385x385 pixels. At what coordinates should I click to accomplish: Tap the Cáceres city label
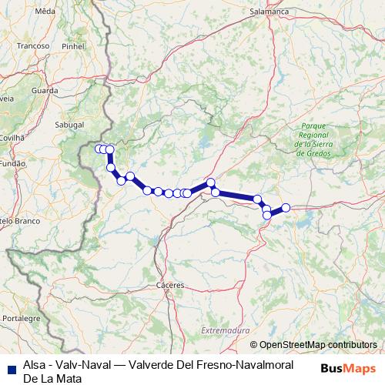(x=169, y=285)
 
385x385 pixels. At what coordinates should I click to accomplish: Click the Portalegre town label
(x=22, y=317)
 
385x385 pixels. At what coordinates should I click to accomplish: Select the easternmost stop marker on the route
(x=286, y=207)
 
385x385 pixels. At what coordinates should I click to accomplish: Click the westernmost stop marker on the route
(x=98, y=149)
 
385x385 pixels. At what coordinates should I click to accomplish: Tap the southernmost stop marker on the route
(x=267, y=215)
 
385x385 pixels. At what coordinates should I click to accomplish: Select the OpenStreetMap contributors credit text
(x=317, y=344)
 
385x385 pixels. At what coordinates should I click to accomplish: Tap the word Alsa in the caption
(x=35, y=367)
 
